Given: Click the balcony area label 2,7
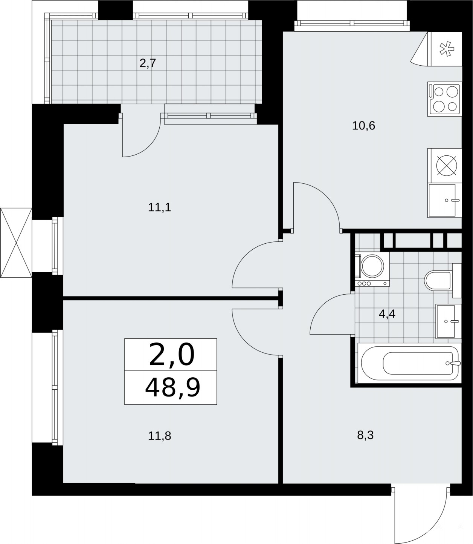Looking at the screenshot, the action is [148, 63].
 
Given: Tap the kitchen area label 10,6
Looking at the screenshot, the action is [363, 126].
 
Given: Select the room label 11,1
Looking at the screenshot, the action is [159, 207].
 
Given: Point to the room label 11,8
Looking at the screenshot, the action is [159, 436].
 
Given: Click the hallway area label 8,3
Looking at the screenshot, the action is [365, 435].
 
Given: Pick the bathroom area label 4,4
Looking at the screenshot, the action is [387, 314].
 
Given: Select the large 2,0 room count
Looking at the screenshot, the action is [172, 355].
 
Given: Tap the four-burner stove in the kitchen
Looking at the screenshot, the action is [445, 99].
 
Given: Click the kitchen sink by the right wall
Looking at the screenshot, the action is [445, 200].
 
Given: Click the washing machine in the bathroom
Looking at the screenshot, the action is [372, 269].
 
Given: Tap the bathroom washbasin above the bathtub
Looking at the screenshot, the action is [449, 321].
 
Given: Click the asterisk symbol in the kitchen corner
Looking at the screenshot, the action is [447, 49].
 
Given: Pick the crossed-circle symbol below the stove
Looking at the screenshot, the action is [447, 165].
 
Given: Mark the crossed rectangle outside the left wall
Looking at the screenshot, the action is [16, 243].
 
